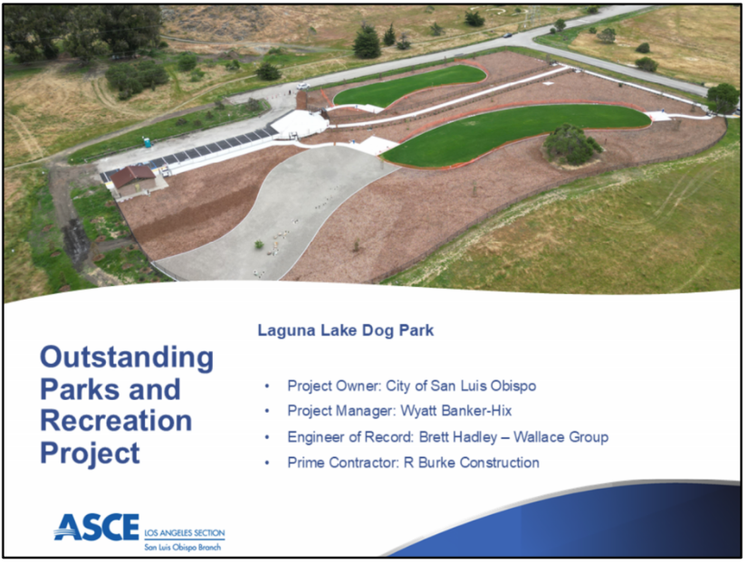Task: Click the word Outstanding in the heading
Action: (127, 358)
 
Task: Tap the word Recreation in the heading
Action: (116, 421)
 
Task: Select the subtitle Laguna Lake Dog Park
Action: (345, 330)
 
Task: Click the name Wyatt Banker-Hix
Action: (456, 411)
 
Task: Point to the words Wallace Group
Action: (560, 437)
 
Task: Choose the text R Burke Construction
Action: (472, 463)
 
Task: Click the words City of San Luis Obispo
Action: (461, 386)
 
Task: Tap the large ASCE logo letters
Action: (97, 527)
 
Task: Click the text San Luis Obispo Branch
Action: (183, 548)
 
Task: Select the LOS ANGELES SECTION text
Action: (185, 533)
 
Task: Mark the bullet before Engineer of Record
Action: (267, 437)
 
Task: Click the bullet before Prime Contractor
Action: (267, 463)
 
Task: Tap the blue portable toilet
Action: (148, 142)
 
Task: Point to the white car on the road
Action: (303, 86)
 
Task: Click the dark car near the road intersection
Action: (507, 35)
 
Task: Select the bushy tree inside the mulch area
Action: (570, 145)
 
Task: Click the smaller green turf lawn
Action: (409, 84)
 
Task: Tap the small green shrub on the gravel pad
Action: (259, 244)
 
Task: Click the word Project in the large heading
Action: (90, 453)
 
